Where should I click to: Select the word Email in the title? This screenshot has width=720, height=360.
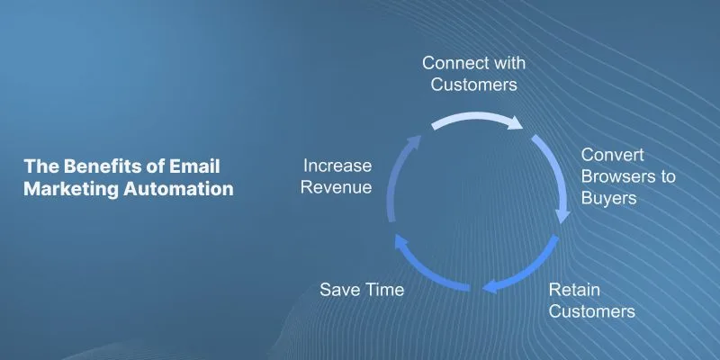pos(194,166)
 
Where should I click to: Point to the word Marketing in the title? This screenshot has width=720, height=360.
pos(71,189)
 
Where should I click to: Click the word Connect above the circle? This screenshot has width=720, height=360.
pos(454,63)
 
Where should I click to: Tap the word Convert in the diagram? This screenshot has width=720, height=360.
pos(613,155)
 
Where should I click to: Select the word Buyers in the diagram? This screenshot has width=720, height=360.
pos(609,198)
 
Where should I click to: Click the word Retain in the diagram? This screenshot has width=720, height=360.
pos(574,290)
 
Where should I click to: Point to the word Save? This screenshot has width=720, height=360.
pos(340,290)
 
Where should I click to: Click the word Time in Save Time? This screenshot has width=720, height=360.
pos(385,290)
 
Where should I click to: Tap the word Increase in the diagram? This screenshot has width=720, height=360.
pos(337,166)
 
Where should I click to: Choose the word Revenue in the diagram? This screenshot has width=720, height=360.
pos(336,187)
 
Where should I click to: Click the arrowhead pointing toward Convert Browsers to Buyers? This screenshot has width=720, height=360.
pos(514,123)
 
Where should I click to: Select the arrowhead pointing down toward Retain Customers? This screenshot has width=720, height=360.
pos(563,216)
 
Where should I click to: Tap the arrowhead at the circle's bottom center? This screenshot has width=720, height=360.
pos(490,286)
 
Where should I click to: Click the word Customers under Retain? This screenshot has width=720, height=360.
pos(592,311)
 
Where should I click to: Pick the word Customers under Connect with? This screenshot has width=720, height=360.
pos(474,85)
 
